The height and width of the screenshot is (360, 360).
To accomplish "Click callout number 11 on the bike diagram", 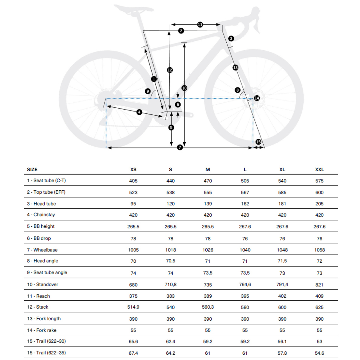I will [200, 25].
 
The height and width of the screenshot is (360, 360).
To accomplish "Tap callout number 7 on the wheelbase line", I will [180, 147].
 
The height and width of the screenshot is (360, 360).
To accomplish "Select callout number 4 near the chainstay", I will [139, 112].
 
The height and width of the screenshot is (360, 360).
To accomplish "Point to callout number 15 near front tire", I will [258, 142].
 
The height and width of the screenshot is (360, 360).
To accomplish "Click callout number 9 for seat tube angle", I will [148, 91].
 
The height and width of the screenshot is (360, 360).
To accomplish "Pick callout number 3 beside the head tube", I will [231, 39].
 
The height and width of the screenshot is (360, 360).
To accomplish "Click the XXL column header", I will [319, 170].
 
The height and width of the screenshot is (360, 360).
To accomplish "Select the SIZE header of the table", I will [32, 170].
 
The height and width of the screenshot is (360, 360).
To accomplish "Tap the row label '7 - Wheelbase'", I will [42, 250].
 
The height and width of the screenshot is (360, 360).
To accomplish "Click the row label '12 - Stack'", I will [38, 307].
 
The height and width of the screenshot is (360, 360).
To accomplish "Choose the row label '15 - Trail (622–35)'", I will [46, 353].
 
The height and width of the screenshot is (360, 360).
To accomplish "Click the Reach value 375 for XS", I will [133, 296].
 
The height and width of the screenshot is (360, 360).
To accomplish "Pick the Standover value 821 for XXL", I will [319, 285].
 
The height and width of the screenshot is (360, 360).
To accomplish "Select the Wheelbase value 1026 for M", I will [208, 250].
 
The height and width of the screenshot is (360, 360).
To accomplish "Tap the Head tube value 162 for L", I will [245, 204].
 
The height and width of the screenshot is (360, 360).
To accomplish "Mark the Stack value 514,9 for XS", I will [133, 307].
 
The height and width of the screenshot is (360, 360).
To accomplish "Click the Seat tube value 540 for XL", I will [282, 181].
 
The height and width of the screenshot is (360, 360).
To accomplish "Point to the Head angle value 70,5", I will [170, 261].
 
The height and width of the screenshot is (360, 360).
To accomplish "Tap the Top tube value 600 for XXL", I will [319, 192].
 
